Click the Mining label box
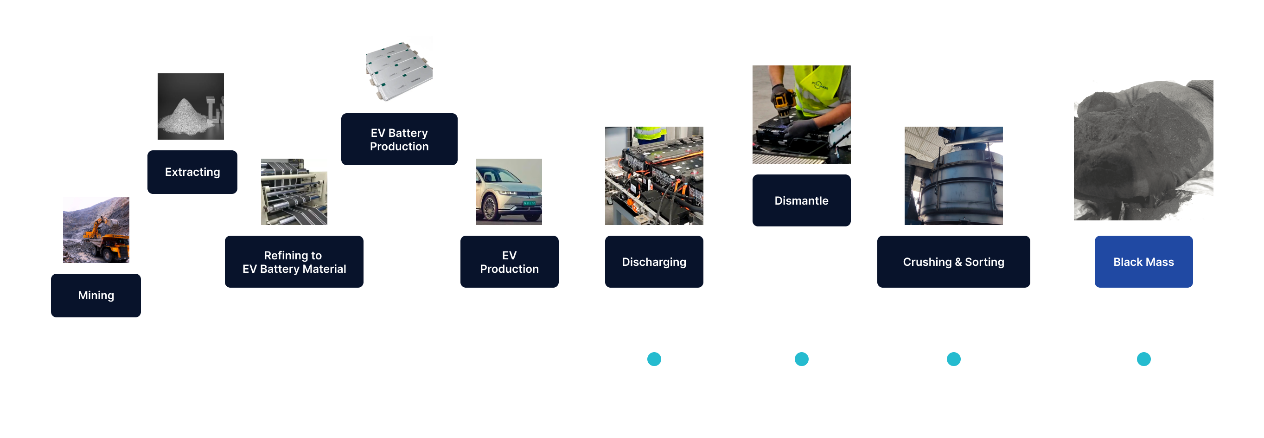pyautogui.click(x=96, y=295)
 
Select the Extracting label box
pyautogui.click(x=192, y=172)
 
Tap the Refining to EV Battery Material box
pyautogui.click(x=294, y=262)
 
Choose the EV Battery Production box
pyautogui.click(x=399, y=140)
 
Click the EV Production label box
pyautogui.click(x=509, y=262)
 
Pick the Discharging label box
pyautogui.click(x=654, y=262)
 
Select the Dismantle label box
pyautogui.click(x=801, y=200)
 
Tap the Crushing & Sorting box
pyautogui.click(x=953, y=262)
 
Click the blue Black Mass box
pyautogui.click(x=1143, y=262)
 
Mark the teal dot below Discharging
pyautogui.click(x=654, y=360)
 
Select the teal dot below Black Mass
pyautogui.click(x=1143, y=360)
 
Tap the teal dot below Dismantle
pyautogui.click(x=801, y=360)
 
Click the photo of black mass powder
pyautogui.click(x=1143, y=150)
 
